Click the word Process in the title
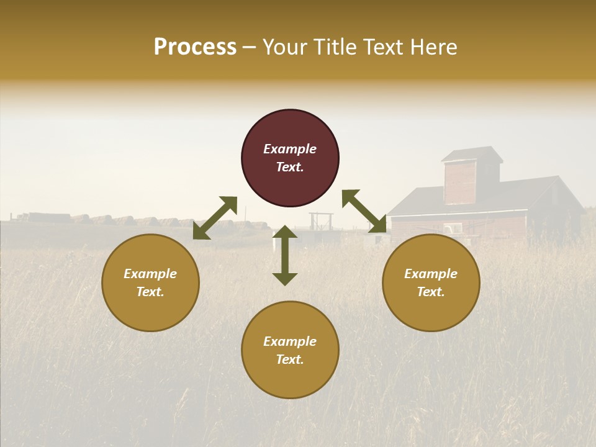[195, 47]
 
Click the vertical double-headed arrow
[285, 255]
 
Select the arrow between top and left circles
[215, 217]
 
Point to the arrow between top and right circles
[364, 211]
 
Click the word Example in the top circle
[290, 149]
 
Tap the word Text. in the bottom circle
[290, 359]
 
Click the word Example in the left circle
[150, 274]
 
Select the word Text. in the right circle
[431, 292]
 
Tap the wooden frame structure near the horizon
[322, 222]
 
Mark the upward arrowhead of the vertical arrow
[285, 232]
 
